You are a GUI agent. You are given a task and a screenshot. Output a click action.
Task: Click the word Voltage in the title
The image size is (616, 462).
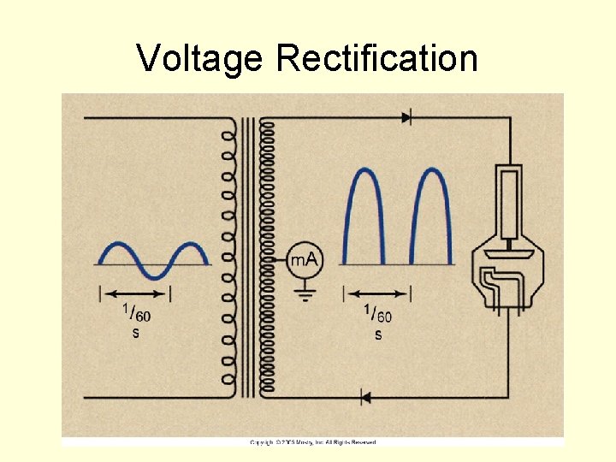[200, 59]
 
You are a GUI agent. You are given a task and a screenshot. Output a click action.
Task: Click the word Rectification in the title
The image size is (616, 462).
[377, 59]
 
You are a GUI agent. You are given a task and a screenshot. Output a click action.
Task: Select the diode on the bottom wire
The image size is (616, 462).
[365, 397]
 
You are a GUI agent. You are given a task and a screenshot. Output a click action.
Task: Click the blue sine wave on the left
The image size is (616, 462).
[155, 259]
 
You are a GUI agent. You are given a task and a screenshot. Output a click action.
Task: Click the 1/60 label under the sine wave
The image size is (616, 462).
[136, 313]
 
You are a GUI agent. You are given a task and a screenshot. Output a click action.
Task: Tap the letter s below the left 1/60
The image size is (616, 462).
[135, 333]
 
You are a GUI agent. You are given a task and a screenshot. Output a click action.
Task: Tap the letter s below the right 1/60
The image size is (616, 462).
[378, 335]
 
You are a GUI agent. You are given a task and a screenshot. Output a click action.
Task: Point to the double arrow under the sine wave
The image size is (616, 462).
[136, 293]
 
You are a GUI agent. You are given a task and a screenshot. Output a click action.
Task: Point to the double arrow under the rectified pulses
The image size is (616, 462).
[377, 294]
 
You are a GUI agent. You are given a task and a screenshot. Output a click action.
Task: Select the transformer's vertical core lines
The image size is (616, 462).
[248, 257]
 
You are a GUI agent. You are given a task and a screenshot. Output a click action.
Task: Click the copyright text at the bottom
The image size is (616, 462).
[312, 442]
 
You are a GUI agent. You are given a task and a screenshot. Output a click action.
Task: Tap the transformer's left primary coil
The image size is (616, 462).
[228, 257]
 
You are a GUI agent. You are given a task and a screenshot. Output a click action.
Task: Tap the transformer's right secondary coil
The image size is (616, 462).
[267, 257]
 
